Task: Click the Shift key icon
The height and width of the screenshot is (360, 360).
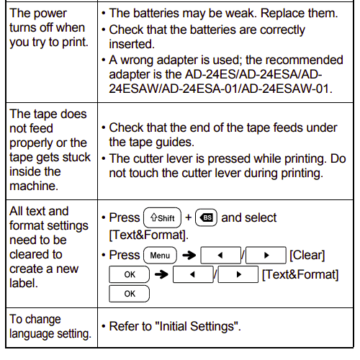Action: tap(162, 217)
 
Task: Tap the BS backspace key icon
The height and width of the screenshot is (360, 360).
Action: tap(204, 217)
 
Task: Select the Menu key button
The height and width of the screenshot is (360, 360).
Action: tap(160, 256)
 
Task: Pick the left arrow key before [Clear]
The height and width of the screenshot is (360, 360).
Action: tap(221, 256)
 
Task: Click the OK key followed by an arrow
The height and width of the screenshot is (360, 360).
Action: tap(129, 274)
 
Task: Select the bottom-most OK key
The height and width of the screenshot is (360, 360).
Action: tap(129, 293)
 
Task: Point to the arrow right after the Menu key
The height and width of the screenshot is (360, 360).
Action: tap(189, 256)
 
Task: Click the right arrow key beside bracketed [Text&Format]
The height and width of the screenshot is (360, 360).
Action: tap(238, 274)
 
